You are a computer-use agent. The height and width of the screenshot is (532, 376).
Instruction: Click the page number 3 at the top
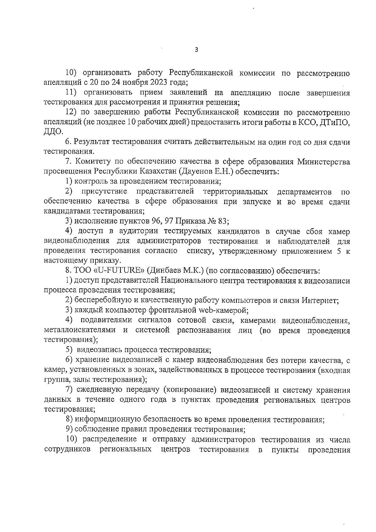[196, 50]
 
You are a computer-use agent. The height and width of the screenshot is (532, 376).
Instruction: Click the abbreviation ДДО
[53, 132]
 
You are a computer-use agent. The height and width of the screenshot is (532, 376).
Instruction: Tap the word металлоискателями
[80, 330]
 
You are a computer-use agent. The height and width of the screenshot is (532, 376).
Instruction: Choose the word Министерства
[323, 162]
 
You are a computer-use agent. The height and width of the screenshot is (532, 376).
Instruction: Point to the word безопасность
[168, 420]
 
